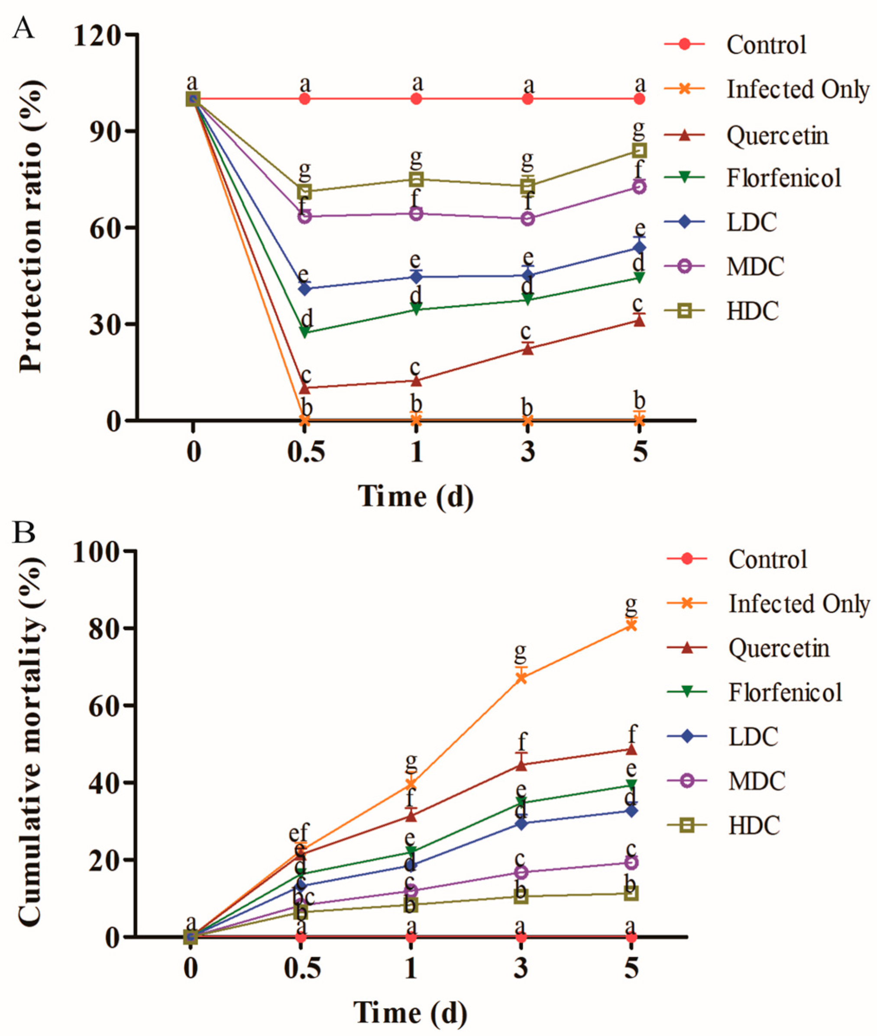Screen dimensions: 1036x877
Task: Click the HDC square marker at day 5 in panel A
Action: pyautogui.click(x=639, y=150)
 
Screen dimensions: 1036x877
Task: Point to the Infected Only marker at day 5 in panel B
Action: pyautogui.click(x=631, y=625)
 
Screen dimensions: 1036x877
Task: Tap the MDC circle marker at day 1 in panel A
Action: pyautogui.click(x=417, y=214)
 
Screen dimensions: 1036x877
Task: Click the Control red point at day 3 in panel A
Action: pyautogui.click(x=528, y=99)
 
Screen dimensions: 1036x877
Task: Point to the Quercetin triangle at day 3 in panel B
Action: pyautogui.click(x=521, y=765)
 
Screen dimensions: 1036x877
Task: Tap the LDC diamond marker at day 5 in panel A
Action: pyautogui.click(x=639, y=248)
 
